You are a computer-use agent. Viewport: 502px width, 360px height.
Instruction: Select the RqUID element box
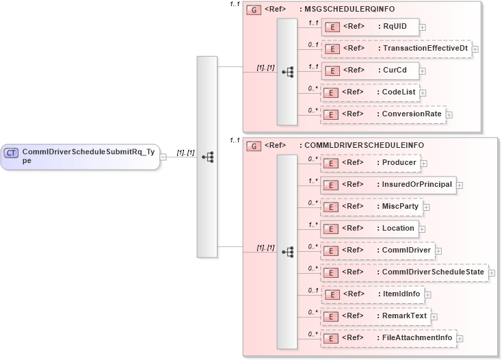[x=370, y=27]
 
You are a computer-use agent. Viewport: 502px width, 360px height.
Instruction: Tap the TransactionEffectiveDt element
[x=396, y=49]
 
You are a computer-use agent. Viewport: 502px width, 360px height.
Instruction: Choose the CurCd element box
[x=370, y=70]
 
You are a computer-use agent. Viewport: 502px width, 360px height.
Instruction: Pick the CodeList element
[x=370, y=92]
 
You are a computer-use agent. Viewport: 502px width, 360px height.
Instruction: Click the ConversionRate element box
[x=384, y=114]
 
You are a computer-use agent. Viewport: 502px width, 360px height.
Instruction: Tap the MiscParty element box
[x=372, y=207]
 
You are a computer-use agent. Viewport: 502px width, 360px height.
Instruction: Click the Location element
[x=369, y=229]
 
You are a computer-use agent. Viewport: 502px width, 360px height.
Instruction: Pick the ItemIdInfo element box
[x=373, y=294]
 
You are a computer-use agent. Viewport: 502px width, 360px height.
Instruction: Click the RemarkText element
[x=376, y=316]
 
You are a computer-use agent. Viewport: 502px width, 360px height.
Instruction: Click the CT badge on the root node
[x=11, y=153]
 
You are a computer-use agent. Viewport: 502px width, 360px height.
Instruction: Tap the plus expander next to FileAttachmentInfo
[x=460, y=339]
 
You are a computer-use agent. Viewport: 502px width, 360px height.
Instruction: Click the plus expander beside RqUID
[x=422, y=27]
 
